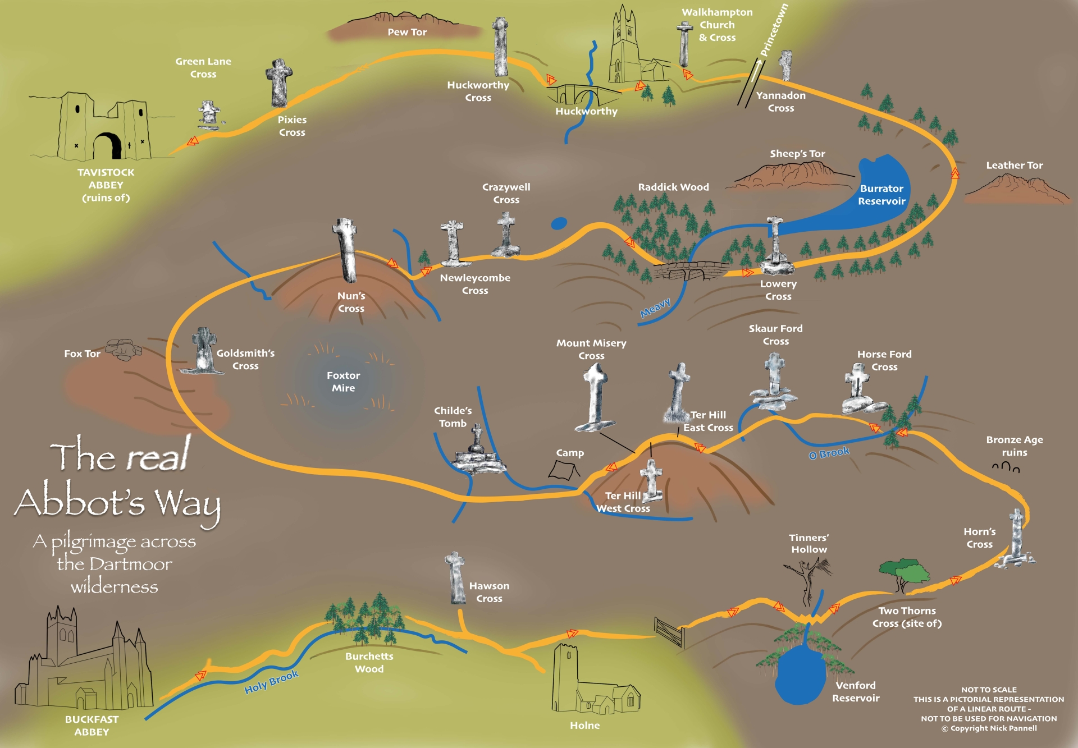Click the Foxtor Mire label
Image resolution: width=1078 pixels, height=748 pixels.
pyautogui.click(x=343, y=382)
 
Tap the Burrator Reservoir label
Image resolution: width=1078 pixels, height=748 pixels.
pyautogui.click(x=881, y=195)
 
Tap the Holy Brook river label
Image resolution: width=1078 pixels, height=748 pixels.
pyautogui.click(x=271, y=682)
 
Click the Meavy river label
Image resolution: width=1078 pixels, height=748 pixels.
pyautogui.click(x=655, y=308)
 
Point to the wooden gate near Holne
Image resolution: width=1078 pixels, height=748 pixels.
pyautogui.click(x=670, y=632)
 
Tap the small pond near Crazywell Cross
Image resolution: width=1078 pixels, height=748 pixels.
pyautogui.click(x=559, y=223)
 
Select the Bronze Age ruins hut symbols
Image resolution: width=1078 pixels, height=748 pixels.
pyautogui.click(x=1006, y=467)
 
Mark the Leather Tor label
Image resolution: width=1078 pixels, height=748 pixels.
pyautogui.click(x=1014, y=166)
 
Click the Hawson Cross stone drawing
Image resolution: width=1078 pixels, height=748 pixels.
pyautogui.click(x=456, y=577)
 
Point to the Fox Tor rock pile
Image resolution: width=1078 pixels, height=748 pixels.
pyautogui.click(x=124, y=348)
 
